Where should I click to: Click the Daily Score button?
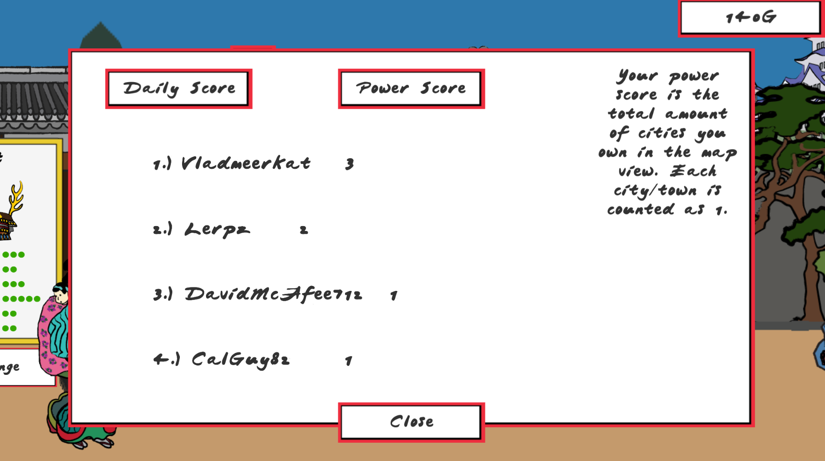coord(179,89)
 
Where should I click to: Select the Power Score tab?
coord(411,89)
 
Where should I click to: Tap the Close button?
coord(411,422)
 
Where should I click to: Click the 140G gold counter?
coord(751,18)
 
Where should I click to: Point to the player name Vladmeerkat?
coord(246,163)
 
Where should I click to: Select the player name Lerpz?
coord(217,230)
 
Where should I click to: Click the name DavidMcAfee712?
coord(274,294)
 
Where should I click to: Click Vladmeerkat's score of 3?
coord(350,164)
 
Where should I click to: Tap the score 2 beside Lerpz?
coord(304,230)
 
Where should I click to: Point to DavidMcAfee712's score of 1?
coord(393,296)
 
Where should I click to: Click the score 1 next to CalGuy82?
coord(349,361)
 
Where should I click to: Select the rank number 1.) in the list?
coord(162,164)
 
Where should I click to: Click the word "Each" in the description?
coord(693,171)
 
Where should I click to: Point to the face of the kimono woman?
coord(60,294)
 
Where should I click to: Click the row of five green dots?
coord(21,299)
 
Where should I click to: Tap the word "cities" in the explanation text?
coord(662,133)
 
